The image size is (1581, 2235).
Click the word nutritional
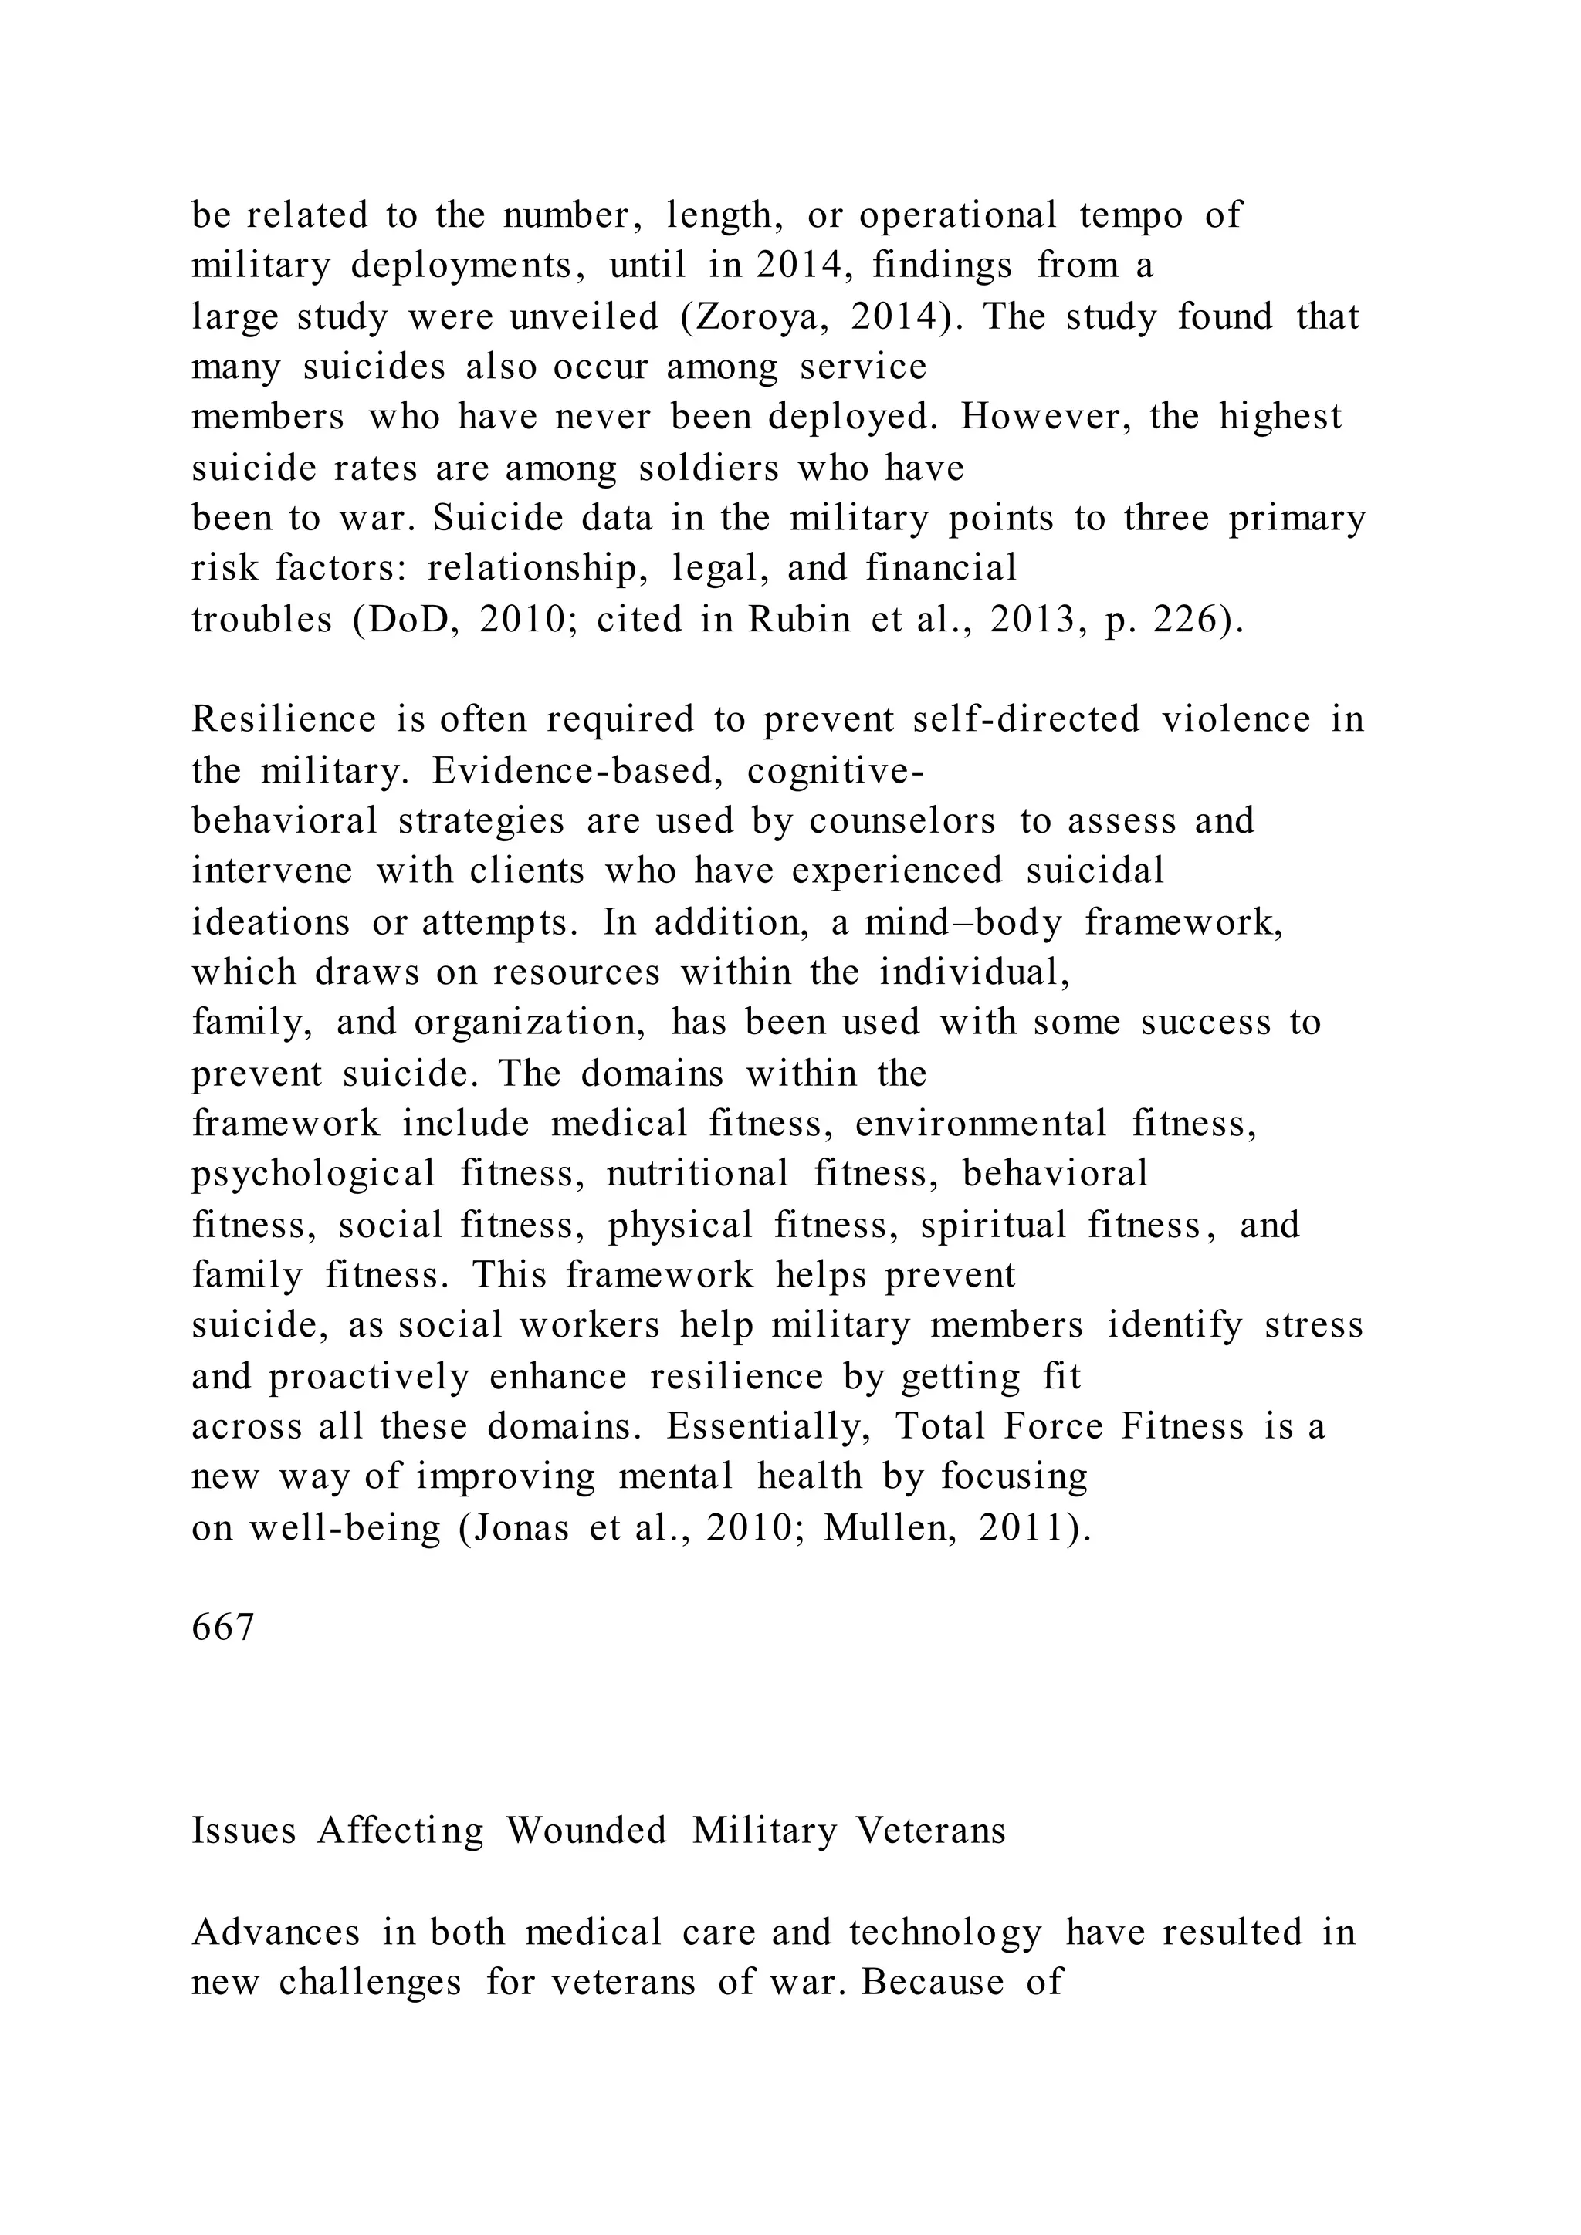(697, 1174)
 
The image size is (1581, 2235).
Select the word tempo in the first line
(1130, 215)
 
